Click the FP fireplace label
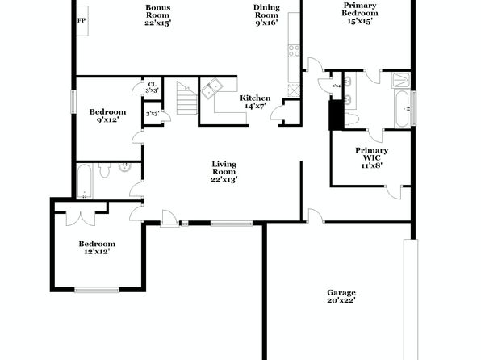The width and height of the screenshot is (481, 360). point(82,21)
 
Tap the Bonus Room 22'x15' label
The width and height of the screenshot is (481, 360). point(157,15)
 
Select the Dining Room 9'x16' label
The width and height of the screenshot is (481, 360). point(266,15)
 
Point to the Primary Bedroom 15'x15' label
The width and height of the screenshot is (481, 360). point(360,13)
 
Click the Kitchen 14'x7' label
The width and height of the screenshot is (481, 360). point(255,102)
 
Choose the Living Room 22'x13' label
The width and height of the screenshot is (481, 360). point(224,172)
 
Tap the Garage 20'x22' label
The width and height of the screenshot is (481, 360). point(341,296)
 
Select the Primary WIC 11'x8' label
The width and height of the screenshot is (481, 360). point(371,157)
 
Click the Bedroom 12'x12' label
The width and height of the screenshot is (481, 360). point(97,248)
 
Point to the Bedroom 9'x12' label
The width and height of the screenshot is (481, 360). point(107,115)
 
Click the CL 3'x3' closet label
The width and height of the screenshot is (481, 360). point(153,87)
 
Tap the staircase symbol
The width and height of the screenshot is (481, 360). point(186,98)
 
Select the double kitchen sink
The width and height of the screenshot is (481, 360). point(211,89)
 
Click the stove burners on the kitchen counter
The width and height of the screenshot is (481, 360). point(294,51)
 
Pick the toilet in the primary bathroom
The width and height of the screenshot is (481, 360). point(352,119)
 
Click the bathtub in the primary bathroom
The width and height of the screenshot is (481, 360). point(402,109)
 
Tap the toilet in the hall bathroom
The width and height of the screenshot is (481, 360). point(105,170)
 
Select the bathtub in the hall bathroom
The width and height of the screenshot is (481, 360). point(84,182)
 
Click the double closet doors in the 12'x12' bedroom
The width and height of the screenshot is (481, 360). point(81,218)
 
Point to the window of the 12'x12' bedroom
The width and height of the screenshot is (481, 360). point(97,290)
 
